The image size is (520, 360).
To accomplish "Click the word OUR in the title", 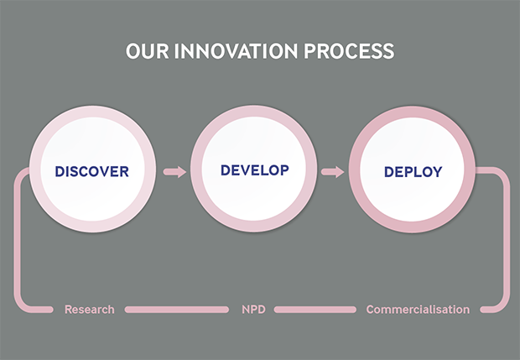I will point(147,51).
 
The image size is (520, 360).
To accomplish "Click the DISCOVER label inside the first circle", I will point(92,171).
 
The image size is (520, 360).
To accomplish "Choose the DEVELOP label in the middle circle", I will point(254,170).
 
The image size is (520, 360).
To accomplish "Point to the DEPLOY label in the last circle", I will point(413,172).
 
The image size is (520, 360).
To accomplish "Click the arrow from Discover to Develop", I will point(174,172).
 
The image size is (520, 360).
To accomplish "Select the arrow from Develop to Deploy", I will point(333,172).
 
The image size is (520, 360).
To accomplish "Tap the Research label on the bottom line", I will point(89,310).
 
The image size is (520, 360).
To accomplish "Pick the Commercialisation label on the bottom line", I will point(418,310).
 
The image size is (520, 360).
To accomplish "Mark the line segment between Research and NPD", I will point(175,310).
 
